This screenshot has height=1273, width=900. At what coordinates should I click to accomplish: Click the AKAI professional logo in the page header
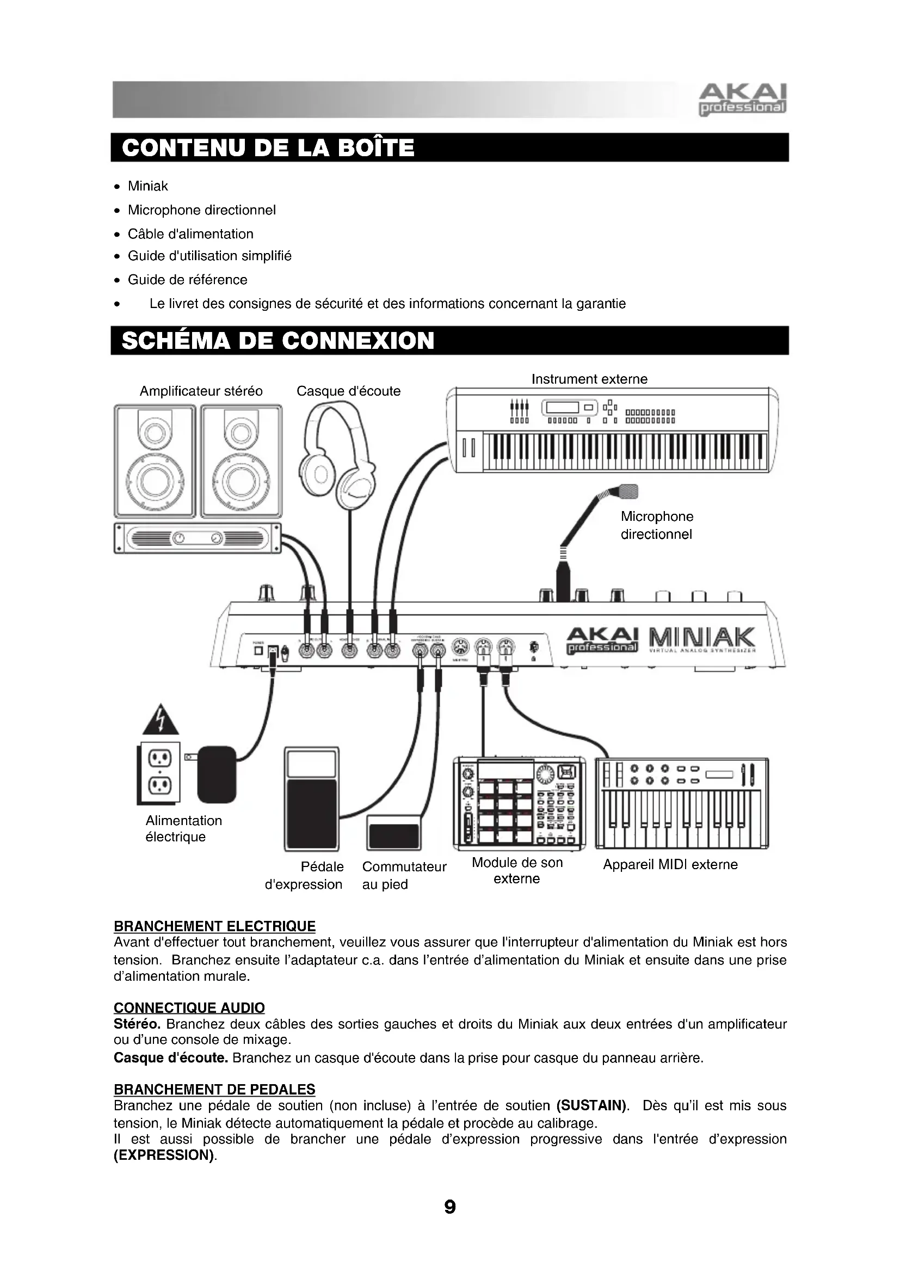tap(743, 100)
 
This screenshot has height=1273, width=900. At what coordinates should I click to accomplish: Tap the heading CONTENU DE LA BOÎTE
tap(268, 148)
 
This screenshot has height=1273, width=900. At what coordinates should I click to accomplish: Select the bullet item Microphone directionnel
tap(202, 210)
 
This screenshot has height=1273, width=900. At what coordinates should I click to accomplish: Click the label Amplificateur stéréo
tap(201, 391)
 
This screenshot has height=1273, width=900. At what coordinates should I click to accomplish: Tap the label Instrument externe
tap(589, 379)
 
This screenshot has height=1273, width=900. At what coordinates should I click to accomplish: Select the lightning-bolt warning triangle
tap(160, 720)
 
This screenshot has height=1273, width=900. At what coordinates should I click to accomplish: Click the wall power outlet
tap(159, 772)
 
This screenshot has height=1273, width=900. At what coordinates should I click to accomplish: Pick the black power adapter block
tap(217, 774)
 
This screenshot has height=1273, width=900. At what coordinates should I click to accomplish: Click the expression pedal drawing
tap(311, 798)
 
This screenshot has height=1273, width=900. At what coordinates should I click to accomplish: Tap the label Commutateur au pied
tap(404, 876)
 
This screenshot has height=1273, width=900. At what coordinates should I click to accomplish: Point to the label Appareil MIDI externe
tap(670, 865)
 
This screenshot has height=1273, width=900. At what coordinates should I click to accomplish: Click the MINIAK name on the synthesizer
tap(699, 637)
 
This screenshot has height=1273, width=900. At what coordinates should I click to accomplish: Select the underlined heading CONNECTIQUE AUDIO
tap(189, 1008)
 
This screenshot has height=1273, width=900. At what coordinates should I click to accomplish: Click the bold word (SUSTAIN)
tap(591, 1106)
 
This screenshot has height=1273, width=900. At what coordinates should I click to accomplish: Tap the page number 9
tap(450, 1207)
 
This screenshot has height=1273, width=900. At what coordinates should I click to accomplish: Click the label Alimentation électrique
tap(183, 829)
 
